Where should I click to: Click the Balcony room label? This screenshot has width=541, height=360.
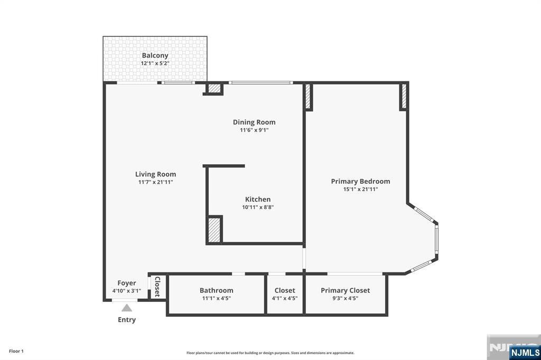pos(155,55)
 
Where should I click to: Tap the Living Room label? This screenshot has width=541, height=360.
pos(156,174)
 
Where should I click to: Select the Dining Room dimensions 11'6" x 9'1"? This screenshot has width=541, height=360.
pos(254,130)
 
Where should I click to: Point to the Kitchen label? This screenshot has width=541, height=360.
pos(258,200)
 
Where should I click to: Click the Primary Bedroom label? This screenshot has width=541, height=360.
pos(360,182)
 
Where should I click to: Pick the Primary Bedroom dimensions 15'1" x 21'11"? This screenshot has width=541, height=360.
pos(360,190)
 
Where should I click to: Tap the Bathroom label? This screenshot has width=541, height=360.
pos(216,290)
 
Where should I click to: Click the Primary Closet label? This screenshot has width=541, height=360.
pos(346,290)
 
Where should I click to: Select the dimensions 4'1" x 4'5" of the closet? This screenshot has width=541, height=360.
pos(285,298)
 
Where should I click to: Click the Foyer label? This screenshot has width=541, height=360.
pos(127,283)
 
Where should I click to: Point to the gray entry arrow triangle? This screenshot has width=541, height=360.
pos(127,308)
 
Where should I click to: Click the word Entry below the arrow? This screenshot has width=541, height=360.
pos(127,320)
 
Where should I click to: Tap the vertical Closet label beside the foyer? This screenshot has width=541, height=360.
pos(157,287)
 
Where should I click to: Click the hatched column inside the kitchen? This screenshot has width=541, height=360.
pos(214,229)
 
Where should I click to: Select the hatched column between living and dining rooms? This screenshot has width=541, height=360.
pos(214,88)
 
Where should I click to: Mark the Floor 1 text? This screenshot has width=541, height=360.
pos(16,351)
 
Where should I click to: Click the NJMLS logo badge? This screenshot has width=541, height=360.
pos(525,353)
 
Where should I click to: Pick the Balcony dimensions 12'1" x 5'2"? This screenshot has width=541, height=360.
pos(155,63)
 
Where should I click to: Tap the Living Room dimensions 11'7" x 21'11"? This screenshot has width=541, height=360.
pos(156,182)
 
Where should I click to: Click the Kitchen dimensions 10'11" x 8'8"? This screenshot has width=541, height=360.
pos(258,207)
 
